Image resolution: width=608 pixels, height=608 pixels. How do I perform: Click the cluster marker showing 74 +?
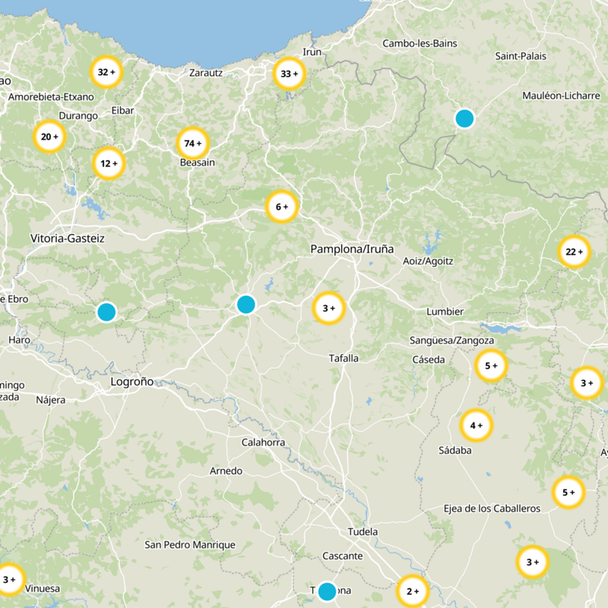192,143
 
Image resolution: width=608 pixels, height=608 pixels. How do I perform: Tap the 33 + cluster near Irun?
289,74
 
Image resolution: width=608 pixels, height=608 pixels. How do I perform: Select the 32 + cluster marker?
106,72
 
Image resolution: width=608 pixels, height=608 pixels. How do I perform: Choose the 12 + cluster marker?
109,163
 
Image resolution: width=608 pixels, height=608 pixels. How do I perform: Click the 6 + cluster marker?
282,207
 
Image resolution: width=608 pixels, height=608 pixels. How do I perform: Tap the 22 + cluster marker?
574,252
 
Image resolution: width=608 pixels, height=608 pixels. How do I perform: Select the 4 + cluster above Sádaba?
477,425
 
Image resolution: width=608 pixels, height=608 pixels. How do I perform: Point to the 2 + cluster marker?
413,591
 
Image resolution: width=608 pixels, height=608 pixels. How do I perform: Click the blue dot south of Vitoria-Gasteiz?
106,312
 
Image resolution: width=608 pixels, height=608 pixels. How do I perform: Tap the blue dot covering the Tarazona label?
327,591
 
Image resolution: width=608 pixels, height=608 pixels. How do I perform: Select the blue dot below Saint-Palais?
464,119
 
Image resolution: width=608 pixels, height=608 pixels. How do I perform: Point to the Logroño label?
132,382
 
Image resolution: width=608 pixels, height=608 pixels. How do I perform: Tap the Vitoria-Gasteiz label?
68,239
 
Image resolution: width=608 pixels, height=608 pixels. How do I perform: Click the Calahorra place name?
263,442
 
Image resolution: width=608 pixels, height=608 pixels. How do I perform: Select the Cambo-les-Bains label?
420,43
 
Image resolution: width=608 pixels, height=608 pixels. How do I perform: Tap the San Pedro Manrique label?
190,545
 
